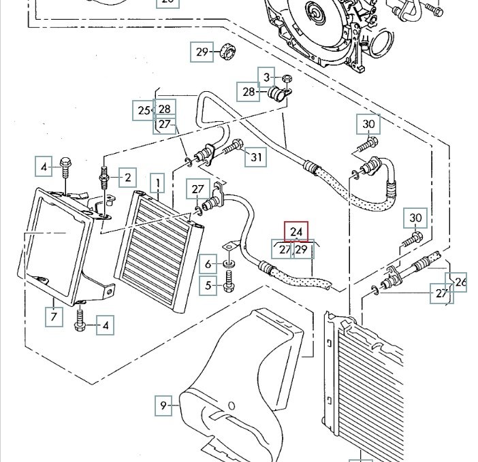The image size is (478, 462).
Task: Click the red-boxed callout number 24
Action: (296, 232)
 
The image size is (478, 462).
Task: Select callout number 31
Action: (256, 157)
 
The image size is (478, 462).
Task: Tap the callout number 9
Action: (163, 406)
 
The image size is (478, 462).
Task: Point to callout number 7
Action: (54, 316)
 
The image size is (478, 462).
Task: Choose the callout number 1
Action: (158, 183)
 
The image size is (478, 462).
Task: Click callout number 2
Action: (127, 178)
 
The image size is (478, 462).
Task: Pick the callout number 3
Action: (267, 77)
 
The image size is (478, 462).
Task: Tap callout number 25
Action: (143, 110)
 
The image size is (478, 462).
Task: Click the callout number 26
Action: (461, 280)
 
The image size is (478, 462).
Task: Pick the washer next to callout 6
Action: (228, 263)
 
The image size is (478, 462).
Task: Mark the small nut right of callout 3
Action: (286, 78)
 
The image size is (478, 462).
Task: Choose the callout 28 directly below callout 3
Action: (249, 91)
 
